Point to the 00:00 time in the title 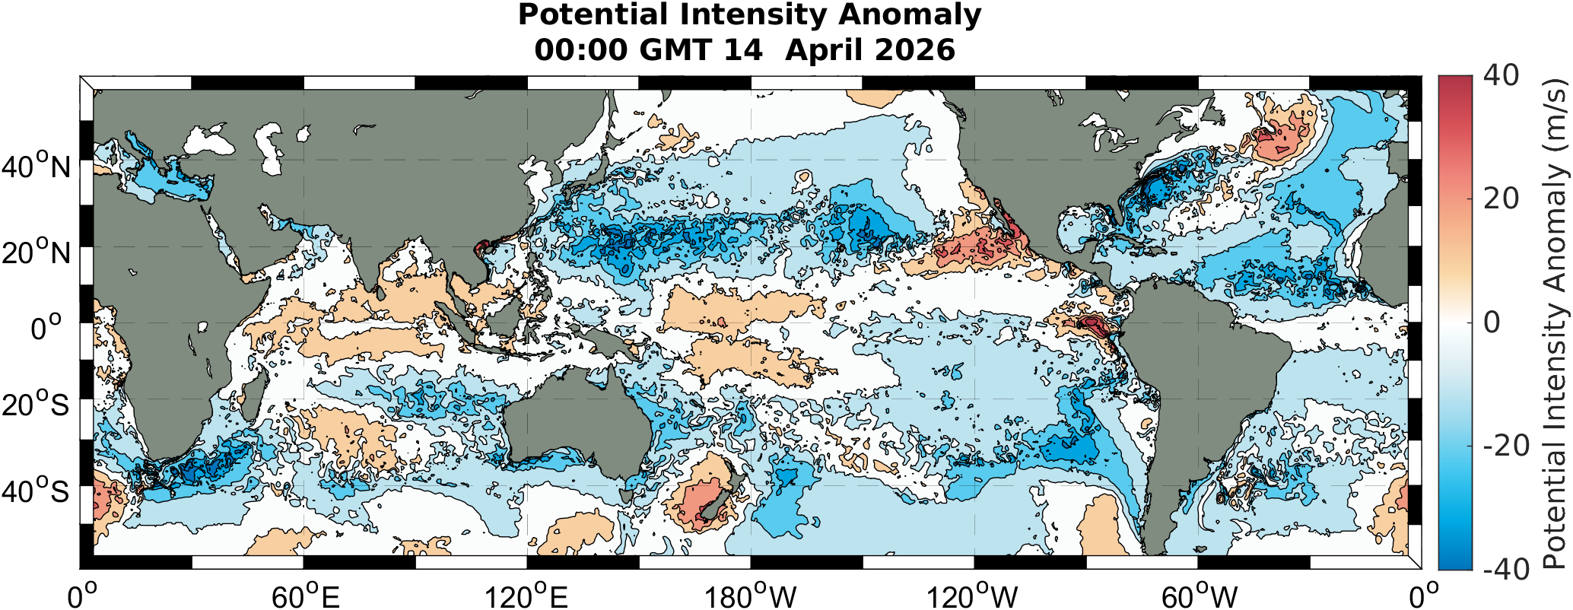pos(581,50)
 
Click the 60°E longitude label pos(306,596)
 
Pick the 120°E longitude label pos(527,596)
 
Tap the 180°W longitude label pos(750,596)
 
